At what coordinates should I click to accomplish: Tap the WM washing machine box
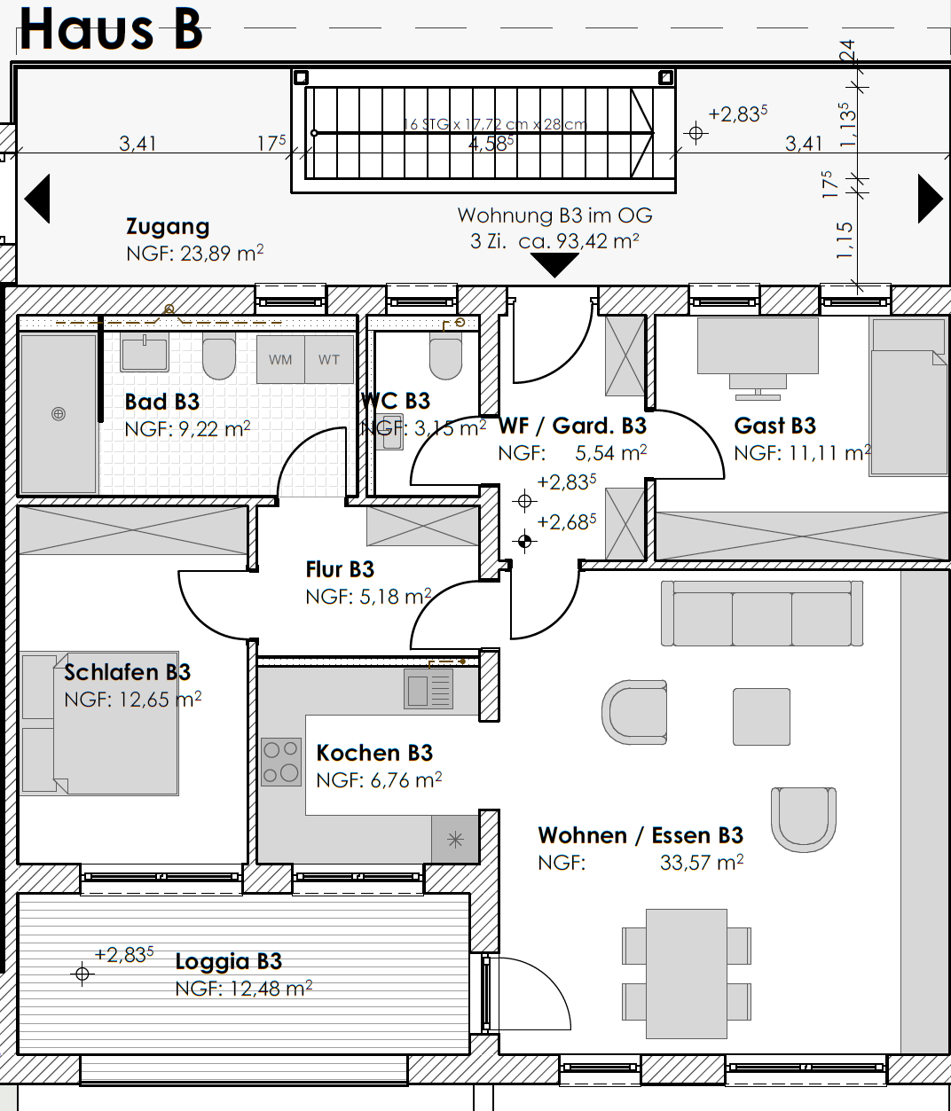click(x=280, y=359)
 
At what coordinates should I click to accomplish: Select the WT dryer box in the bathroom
click(x=329, y=359)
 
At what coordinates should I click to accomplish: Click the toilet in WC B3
click(x=445, y=355)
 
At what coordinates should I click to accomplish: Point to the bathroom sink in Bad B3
click(x=144, y=353)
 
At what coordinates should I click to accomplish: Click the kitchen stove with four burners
click(x=281, y=763)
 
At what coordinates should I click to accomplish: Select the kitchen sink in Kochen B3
click(x=429, y=688)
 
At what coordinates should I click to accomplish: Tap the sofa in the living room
click(x=762, y=614)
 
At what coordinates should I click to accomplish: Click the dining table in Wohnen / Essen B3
click(x=687, y=973)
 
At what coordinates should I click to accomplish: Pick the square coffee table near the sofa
click(x=761, y=716)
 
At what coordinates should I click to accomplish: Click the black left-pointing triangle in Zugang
click(x=37, y=198)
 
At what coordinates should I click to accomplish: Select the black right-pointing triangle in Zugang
click(x=929, y=198)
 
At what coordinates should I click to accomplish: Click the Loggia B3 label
click(x=228, y=961)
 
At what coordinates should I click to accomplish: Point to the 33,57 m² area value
click(x=701, y=862)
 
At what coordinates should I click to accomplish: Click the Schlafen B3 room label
click(x=127, y=672)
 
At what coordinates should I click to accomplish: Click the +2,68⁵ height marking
click(x=566, y=522)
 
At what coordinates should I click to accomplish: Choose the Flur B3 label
click(x=340, y=569)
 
